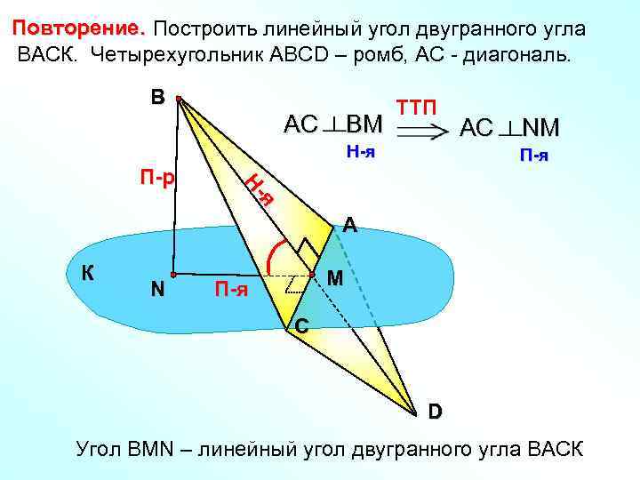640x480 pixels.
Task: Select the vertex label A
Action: (350, 227)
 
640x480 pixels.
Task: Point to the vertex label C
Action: (302, 328)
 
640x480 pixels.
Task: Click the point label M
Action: (335, 279)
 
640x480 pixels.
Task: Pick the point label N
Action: (157, 290)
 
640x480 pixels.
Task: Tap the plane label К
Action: (89, 274)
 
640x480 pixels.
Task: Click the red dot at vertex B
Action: (179, 100)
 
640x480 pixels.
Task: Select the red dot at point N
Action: (174, 275)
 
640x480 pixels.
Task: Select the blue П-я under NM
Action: (533, 156)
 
